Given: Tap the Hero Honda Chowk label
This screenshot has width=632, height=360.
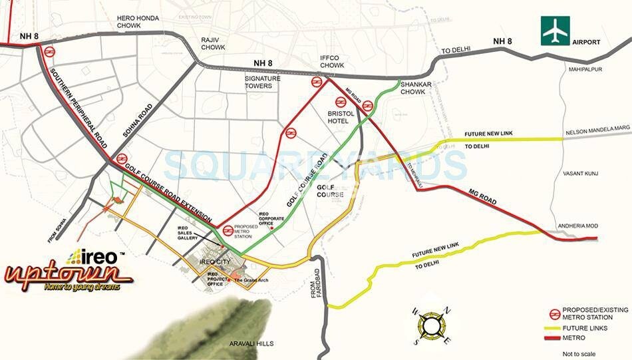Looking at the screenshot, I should tap(138, 23).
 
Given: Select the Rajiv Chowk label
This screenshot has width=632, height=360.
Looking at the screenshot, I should tap(214, 44).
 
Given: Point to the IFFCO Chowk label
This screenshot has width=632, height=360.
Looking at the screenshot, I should tap(331, 61).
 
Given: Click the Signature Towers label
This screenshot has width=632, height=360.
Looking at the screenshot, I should tap(263, 82).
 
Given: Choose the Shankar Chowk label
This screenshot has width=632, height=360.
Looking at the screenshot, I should tap(416, 88).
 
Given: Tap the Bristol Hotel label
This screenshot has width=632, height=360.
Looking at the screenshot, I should tap(343, 118).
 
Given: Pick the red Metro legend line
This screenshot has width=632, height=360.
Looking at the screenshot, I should tap(552, 339).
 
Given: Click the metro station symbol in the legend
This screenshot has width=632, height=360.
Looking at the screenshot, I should tap(552, 313).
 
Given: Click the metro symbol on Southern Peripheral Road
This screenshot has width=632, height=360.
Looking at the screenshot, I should tap(49, 51).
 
